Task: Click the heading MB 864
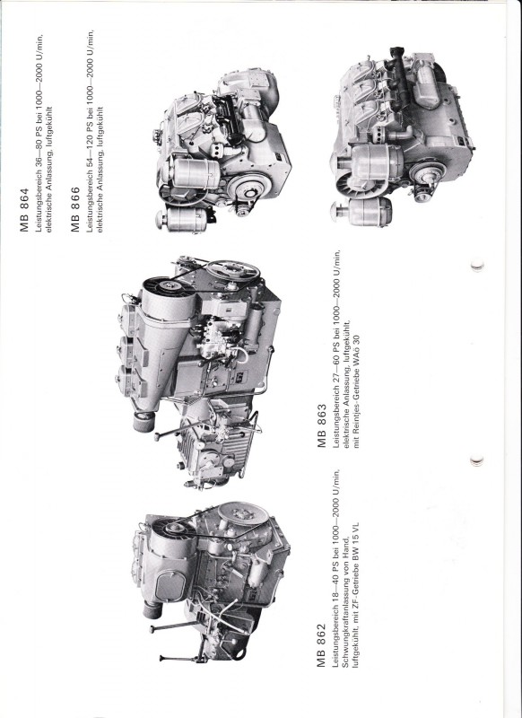coord(24,210)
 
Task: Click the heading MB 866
coord(75,209)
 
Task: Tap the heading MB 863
coord(322,425)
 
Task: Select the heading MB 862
coord(321,645)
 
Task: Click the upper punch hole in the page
coord(477,264)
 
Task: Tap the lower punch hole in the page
coord(477,460)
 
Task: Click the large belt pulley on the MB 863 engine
coord(233,272)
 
